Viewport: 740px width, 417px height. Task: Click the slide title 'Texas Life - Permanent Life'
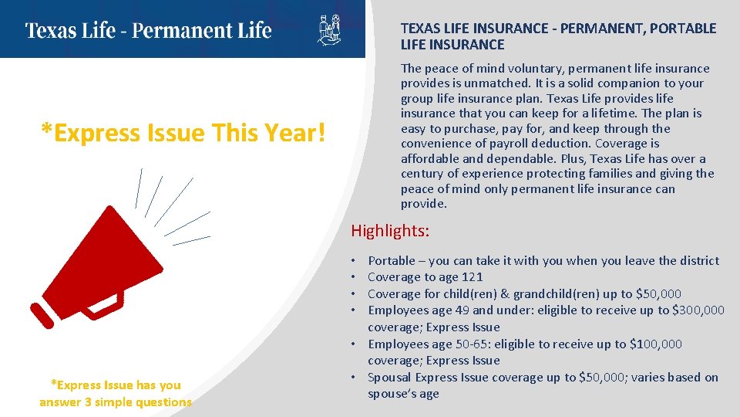click(148, 31)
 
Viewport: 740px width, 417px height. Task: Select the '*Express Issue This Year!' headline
click(183, 133)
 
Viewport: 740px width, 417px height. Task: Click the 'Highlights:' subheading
click(390, 230)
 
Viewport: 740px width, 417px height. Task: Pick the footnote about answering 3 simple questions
click(116, 393)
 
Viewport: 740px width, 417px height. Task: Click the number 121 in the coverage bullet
click(473, 277)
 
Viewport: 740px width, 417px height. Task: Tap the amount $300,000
click(698, 310)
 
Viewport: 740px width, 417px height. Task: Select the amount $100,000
click(656, 344)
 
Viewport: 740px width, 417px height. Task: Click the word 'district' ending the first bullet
click(698, 261)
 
